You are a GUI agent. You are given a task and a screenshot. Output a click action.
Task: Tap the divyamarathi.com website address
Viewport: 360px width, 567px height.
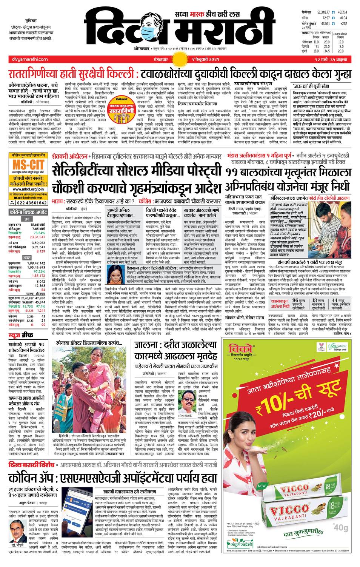click(28, 59)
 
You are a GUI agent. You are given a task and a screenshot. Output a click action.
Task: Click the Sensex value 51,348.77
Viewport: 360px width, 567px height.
click(323, 12)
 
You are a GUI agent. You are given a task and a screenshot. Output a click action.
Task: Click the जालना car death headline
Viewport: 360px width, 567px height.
click(176, 350)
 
